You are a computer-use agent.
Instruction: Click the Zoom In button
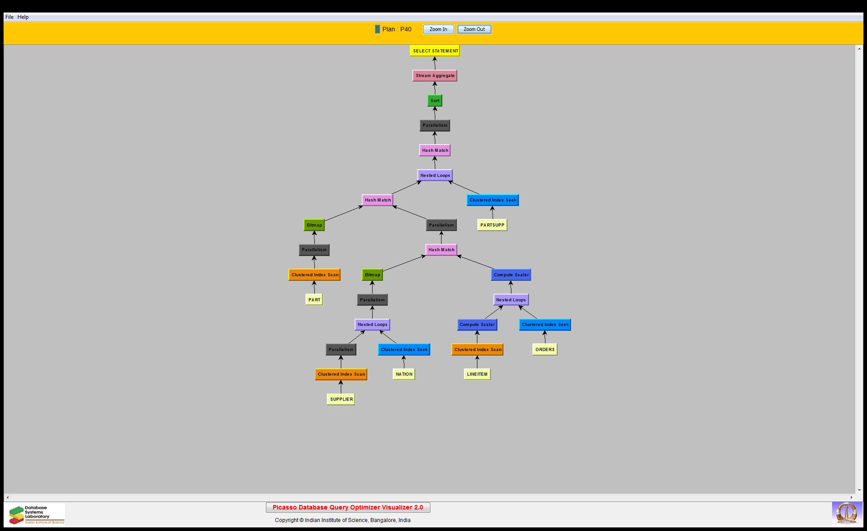[438, 30]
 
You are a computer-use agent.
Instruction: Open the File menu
[9, 17]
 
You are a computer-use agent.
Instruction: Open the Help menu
[23, 17]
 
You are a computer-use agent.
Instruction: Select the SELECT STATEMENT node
[435, 51]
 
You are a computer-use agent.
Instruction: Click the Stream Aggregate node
[435, 76]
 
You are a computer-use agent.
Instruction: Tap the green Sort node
[435, 101]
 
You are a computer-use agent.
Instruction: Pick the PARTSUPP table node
[492, 225]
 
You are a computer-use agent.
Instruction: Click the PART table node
[314, 300]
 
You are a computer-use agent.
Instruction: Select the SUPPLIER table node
[341, 399]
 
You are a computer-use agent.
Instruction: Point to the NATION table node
[404, 374]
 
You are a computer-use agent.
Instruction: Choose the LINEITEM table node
[477, 374]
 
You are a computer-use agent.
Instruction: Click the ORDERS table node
[545, 350]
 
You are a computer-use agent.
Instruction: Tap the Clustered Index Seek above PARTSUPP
[493, 200]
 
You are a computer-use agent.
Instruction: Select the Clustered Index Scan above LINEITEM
[477, 350]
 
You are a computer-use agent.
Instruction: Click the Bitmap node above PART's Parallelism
[314, 225]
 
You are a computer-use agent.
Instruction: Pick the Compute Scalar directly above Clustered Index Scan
[477, 325]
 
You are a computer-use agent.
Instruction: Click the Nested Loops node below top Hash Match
[435, 176]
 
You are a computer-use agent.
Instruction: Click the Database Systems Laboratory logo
[35, 514]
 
